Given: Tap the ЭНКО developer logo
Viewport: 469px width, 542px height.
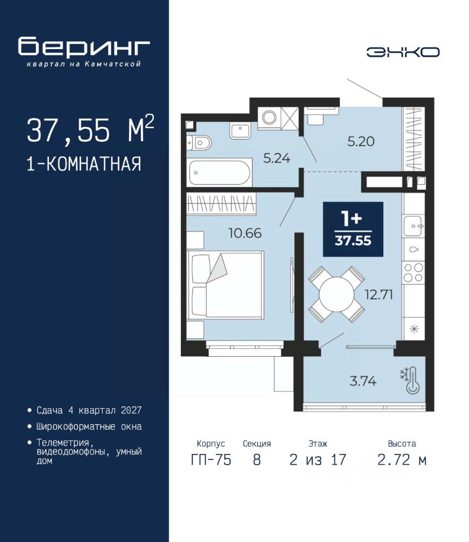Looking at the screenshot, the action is click(x=402, y=52).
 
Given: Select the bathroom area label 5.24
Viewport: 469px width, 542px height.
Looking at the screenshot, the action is click(x=277, y=158).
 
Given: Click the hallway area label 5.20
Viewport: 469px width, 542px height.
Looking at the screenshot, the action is click(x=361, y=141).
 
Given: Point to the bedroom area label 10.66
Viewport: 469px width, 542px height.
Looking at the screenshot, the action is click(x=245, y=233).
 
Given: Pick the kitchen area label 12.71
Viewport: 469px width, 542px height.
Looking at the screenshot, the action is click(x=379, y=295).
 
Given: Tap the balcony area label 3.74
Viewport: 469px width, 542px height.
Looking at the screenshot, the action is click(x=362, y=381).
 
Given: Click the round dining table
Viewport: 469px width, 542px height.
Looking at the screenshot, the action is click(x=337, y=295).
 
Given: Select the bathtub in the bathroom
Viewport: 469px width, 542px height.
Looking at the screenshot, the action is click(x=220, y=172).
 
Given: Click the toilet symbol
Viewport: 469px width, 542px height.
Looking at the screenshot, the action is click(x=199, y=142).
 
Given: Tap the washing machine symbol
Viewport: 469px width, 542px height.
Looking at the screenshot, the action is click(x=269, y=117).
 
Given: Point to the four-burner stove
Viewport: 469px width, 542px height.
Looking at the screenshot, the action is click(x=413, y=272).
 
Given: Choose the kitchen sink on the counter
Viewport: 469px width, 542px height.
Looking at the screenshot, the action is click(x=413, y=226).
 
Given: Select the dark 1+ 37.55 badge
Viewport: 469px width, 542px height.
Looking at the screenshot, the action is click(x=353, y=229).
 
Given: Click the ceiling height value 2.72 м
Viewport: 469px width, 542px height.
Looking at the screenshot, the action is click(x=402, y=460).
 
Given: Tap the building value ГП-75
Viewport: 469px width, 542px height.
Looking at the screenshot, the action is click(x=211, y=460).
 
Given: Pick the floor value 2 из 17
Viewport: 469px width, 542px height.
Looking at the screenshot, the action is click(x=318, y=460).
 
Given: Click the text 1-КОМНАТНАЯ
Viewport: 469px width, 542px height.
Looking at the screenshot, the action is click(x=84, y=164).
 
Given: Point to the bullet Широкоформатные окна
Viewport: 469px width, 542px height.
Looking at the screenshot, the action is click(x=89, y=427).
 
